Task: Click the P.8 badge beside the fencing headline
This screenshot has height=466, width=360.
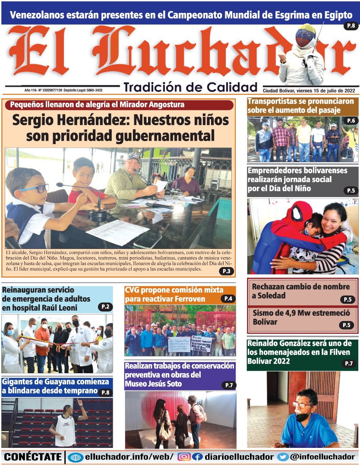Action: tap(351, 26)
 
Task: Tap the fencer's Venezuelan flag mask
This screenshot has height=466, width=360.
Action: tap(305, 35)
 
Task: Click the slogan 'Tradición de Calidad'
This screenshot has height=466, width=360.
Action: tap(190, 87)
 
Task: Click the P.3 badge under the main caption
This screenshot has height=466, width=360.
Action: tap(226, 271)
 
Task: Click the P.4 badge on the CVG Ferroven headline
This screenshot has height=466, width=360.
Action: tap(228, 299)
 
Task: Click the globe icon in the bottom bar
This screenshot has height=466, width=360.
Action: tap(75, 457)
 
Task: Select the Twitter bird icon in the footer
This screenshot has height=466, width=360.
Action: tap(283, 457)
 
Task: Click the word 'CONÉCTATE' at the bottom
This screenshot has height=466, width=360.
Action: tap(33, 457)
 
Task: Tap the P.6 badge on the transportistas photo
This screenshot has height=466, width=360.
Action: tap(351, 120)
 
